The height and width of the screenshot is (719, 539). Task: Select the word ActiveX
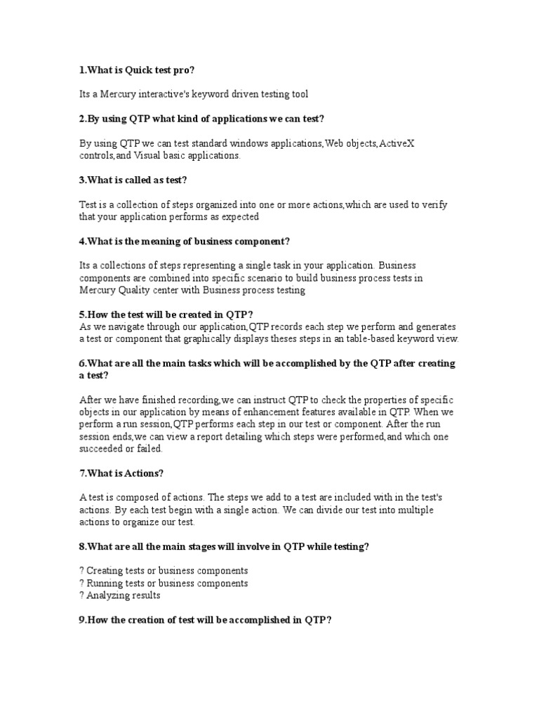click(x=397, y=143)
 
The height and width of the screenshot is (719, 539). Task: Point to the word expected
click(x=240, y=217)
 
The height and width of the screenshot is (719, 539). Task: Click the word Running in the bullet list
click(x=110, y=583)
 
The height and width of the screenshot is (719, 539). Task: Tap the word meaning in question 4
click(x=162, y=242)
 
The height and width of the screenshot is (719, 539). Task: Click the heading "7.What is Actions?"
click(x=121, y=473)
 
